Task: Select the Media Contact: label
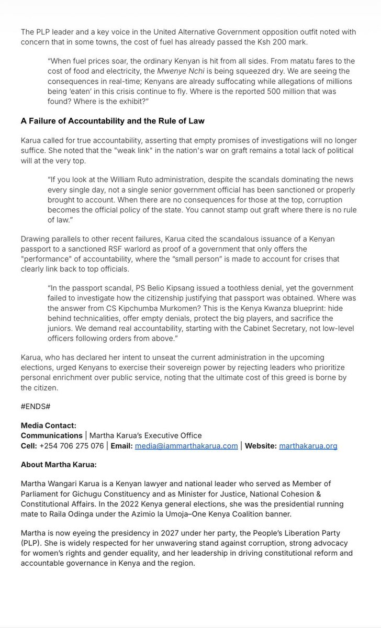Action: tap(48, 426)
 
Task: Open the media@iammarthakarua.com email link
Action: tap(186, 446)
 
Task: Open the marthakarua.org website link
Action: tap(308, 446)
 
